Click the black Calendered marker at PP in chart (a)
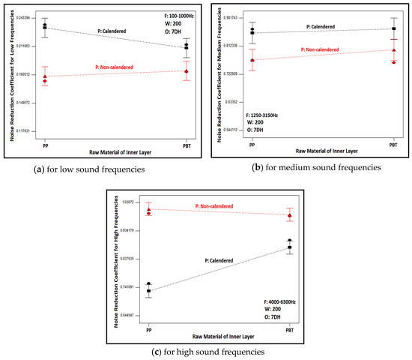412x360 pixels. (x=45, y=27)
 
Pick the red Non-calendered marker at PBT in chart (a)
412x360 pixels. (x=186, y=71)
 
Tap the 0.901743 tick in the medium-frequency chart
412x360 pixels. (x=228, y=16)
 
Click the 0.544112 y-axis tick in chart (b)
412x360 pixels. (x=228, y=130)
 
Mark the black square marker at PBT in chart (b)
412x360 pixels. (x=393, y=29)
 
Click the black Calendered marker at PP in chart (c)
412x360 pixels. (x=149, y=290)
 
